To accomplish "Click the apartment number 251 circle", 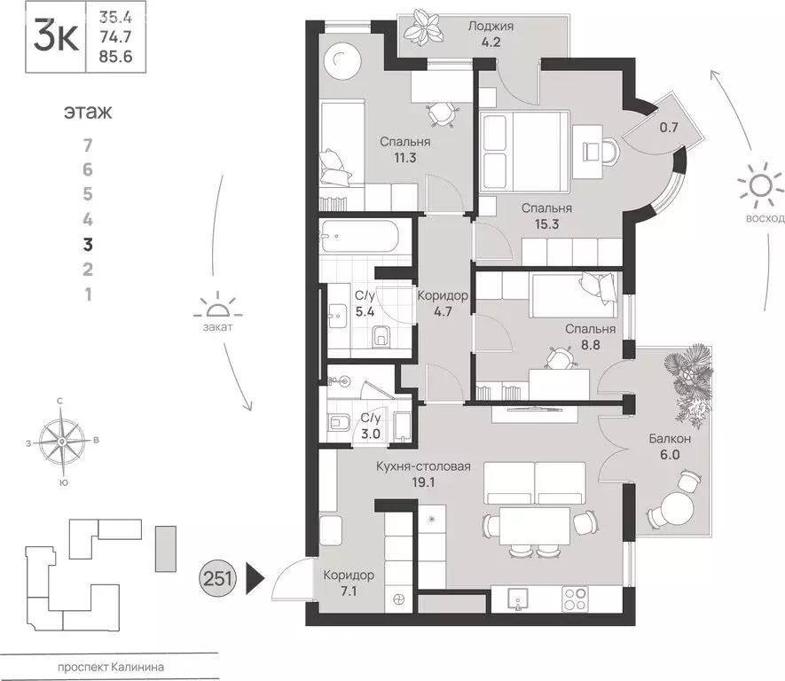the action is pyautogui.click(x=218, y=579).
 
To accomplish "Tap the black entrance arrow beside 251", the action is pyautogui.click(x=255, y=579).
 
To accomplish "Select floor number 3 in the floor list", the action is pyautogui.click(x=88, y=245).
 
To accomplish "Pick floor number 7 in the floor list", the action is pyautogui.click(x=88, y=145).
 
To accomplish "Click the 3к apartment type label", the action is pyautogui.click(x=56, y=37).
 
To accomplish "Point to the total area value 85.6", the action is pyautogui.click(x=115, y=57).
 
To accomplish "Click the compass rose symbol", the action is pyautogui.click(x=61, y=442).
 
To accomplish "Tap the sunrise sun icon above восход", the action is pyautogui.click(x=760, y=185).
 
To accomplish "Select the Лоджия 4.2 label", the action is pyautogui.click(x=491, y=34).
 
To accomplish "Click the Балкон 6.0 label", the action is pyautogui.click(x=670, y=446).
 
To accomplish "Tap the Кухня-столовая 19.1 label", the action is pyautogui.click(x=423, y=474).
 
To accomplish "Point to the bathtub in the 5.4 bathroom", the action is pyautogui.click(x=359, y=237).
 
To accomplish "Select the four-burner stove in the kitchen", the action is pyautogui.click(x=576, y=599).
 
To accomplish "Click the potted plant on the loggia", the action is pyautogui.click(x=423, y=30).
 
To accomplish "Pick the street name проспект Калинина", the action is pyautogui.click(x=111, y=667).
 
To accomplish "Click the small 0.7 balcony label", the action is pyautogui.click(x=668, y=127).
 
